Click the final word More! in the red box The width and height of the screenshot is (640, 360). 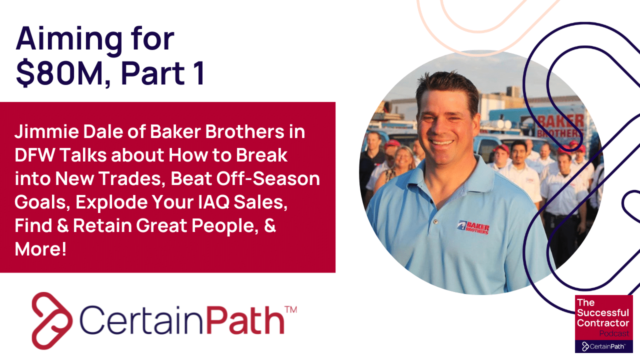click(x=40, y=248)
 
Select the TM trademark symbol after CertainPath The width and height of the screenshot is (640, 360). click(x=290, y=310)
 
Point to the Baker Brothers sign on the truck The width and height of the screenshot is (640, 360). click(x=559, y=125)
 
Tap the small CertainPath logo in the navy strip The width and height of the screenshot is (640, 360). click(x=604, y=346)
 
